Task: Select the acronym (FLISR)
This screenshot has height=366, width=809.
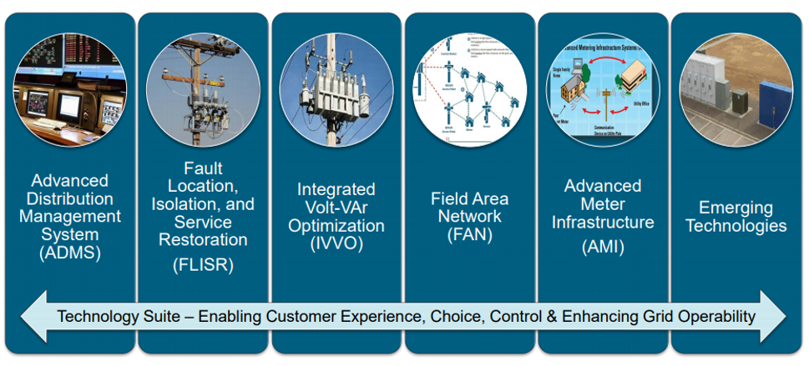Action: pos(203,266)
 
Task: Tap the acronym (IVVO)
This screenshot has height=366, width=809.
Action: pos(336,243)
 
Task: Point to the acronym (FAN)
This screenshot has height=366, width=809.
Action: pos(469,235)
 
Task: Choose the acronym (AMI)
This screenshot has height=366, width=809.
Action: pos(602,248)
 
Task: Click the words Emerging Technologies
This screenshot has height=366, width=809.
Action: pos(736,217)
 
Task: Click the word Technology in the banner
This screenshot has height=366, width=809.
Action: pos(96,317)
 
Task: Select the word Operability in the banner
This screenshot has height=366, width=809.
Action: pos(714,317)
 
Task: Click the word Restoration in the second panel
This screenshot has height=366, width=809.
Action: pos(203,239)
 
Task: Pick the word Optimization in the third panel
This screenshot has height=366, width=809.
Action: pos(336,226)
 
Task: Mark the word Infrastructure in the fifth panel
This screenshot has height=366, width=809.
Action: pos(603,223)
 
